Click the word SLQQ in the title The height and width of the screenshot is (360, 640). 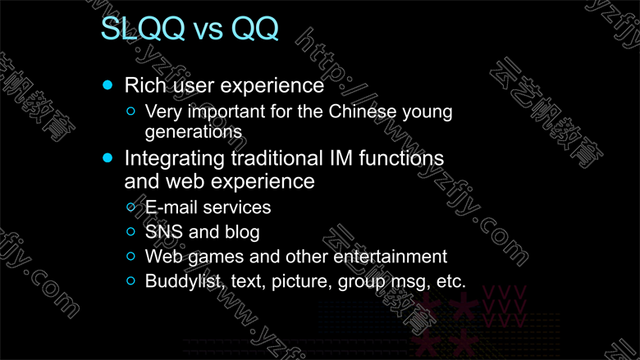143,28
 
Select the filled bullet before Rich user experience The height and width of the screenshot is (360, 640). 107,84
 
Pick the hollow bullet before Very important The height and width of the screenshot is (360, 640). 131,111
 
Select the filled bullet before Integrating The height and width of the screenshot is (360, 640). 107,157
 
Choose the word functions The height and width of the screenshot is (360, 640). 401,157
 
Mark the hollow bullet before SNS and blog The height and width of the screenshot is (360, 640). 131,231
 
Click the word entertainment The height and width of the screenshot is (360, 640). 391,257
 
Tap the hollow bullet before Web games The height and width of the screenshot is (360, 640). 131,256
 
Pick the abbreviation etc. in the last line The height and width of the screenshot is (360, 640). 451,281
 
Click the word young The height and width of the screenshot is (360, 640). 427,112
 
